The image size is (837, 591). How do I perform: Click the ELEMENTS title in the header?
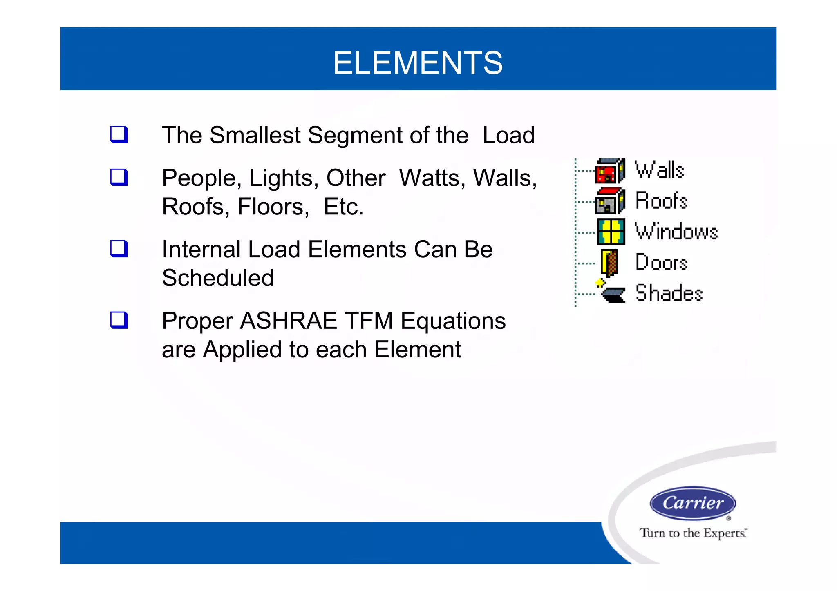(x=418, y=63)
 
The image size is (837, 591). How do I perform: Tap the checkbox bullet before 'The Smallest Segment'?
(x=119, y=134)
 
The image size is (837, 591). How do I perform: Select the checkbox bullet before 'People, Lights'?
(x=119, y=177)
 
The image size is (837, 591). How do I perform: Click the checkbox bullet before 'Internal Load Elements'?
(x=119, y=249)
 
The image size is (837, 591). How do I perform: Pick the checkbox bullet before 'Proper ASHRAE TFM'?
(x=119, y=320)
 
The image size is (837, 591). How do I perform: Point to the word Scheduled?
(x=217, y=278)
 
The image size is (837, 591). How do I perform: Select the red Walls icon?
(x=610, y=171)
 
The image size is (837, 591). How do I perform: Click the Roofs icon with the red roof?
(x=610, y=201)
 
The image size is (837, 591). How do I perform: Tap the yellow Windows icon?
(x=611, y=232)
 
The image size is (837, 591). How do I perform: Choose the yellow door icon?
(x=609, y=263)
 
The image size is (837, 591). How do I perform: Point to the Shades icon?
(x=612, y=293)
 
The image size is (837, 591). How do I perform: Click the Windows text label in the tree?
(x=676, y=232)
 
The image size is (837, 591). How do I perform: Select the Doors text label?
(x=661, y=262)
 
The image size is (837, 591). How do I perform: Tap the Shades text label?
(x=669, y=293)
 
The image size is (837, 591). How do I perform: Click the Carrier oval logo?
(x=693, y=503)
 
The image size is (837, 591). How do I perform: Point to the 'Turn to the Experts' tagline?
(x=693, y=533)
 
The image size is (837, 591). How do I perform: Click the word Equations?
(x=453, y=321)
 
